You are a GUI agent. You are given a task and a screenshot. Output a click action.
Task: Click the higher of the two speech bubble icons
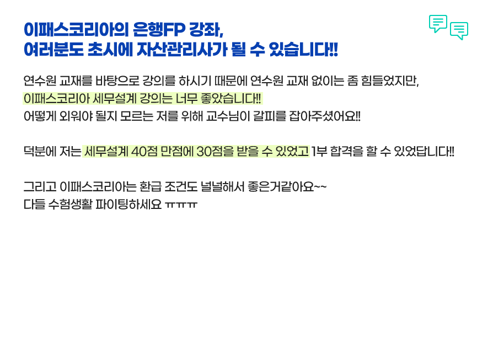pyautogui.click(x=438, y=24)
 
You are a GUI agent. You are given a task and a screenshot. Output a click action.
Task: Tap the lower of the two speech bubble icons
pyautogui.click(x=459, y=31)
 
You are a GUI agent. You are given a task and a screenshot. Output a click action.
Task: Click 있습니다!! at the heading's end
pyautogui.click(x=303, y=50)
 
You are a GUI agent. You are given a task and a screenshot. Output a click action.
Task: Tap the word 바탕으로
pyautogui.click(x=117, y=81)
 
